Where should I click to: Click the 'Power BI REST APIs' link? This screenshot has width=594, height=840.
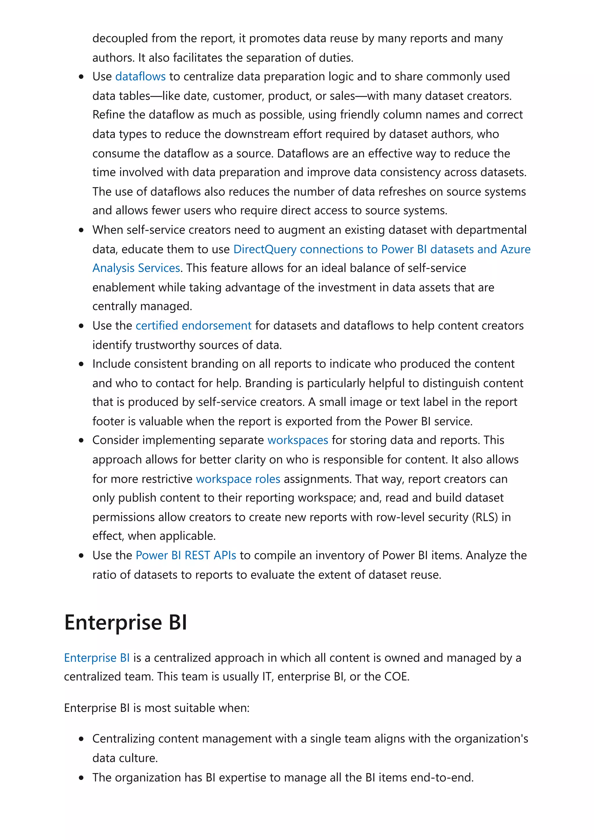[186, 555]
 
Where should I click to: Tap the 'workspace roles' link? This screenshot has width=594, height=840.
[238, 479]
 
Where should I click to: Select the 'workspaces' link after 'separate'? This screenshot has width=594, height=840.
[298, 440]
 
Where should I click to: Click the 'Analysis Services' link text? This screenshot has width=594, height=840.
[136, 268]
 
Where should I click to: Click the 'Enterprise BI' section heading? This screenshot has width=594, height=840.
[126, 622]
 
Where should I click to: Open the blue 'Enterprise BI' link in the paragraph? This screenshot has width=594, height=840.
[97, 658]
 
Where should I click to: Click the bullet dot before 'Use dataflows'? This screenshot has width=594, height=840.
[81, 77]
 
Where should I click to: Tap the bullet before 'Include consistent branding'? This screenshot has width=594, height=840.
[81, 364]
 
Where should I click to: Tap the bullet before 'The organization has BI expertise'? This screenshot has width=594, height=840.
[81, 778]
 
